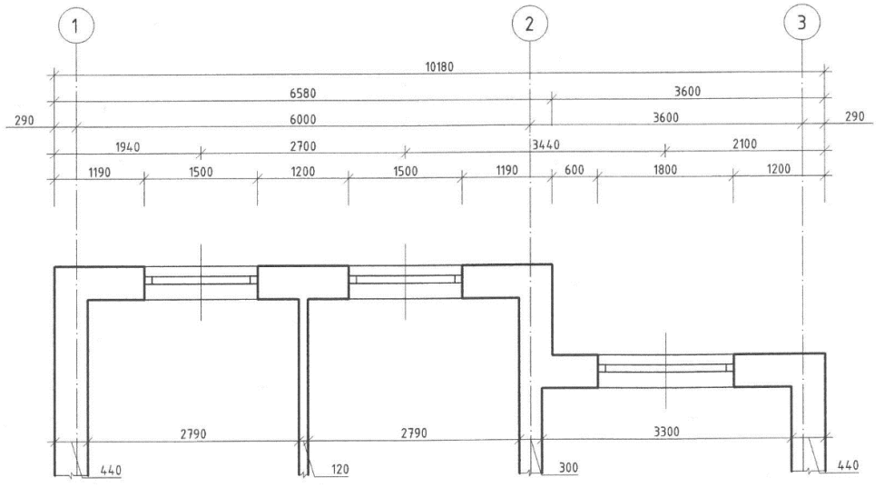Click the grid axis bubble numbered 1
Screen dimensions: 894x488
click(76, 25)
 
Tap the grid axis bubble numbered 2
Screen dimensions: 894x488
click(530, 24)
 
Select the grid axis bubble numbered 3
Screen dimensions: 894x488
click(801, 23)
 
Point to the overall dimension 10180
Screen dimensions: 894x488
click(439, 66)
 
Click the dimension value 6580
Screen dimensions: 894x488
click(303, 93)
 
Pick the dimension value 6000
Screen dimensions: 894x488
click(303, 119)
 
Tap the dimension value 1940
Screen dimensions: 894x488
click(128, 147)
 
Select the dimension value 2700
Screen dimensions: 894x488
click(303, 146)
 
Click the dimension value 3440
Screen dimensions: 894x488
click(546, 145)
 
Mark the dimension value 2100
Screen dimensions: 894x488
click(744, 144)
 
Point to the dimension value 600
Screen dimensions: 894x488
click(575, 170)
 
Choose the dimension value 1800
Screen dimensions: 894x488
click(664, 170)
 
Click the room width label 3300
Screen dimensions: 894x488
click(666, 432)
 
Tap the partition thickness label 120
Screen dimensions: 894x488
click(339, 469)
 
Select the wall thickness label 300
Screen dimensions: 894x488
click(568, 468)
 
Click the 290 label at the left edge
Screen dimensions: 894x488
click(24, 121)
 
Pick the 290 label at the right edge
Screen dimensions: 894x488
click(854, 116)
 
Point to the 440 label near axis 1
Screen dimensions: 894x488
click(111, 471)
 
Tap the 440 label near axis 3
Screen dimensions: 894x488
click(848, 465)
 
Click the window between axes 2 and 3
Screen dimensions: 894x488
click(665, 367)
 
